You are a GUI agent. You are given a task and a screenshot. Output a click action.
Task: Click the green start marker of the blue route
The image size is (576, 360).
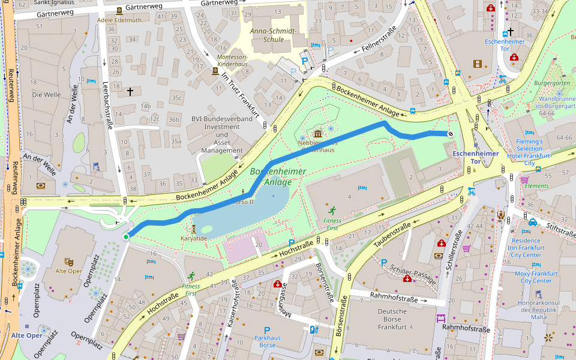tap(126, 238)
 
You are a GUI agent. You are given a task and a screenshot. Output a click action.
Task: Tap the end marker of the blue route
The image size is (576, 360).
tap(451, 134)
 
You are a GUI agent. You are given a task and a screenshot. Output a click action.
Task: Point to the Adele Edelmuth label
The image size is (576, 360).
tap(119, 19)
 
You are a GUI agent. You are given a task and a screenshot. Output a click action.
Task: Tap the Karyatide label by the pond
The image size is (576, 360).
tap(194, 238)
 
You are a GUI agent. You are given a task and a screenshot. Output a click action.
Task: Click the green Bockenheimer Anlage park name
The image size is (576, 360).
tap(278, 176)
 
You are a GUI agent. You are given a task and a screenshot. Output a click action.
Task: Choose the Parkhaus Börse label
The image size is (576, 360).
tap(267, 341)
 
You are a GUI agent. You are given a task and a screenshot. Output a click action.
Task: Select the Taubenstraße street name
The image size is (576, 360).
tap(392, 235)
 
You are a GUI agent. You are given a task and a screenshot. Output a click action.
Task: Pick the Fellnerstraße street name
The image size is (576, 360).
tap(376, 40)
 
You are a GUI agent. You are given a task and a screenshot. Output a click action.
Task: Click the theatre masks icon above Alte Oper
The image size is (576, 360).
tap(69, 262)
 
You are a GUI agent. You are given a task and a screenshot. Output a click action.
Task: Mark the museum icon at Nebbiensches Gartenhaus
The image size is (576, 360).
tap(317, 133)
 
